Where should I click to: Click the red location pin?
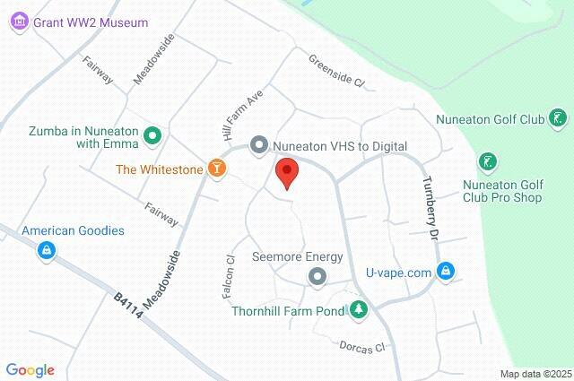(x=286, y=171)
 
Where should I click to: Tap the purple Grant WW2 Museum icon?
(x=20, y=23)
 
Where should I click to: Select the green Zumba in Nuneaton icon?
(x=152, y=135)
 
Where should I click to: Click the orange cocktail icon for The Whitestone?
(x=216, y=168)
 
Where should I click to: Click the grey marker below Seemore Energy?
(x=317, y=278)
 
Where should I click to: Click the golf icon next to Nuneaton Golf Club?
(x=558, y=118)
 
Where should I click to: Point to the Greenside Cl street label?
(x=336, y=71)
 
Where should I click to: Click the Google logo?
(x=30, y=370)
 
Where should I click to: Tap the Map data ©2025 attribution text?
(x=535, y=374)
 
